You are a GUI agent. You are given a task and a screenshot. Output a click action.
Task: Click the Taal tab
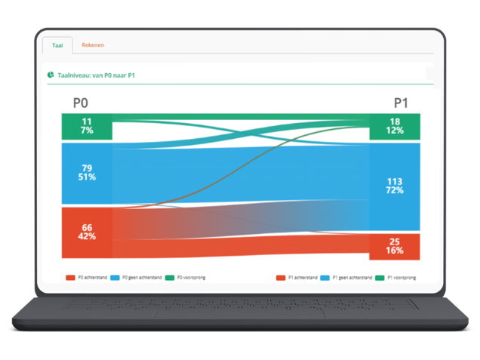(57, 45)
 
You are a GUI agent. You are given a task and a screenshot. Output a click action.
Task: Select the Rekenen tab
(93, 45)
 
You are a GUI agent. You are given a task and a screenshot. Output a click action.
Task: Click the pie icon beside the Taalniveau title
(50, 75)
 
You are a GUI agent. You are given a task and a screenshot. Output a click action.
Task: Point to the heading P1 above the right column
(401, 103)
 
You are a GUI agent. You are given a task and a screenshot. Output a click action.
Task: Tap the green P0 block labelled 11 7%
(87, 126)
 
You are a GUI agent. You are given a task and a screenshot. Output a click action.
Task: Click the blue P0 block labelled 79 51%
(87, 172)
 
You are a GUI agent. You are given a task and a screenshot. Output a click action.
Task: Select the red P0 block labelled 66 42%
(87, 232)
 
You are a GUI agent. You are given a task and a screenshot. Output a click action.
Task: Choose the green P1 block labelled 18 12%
(395, 126)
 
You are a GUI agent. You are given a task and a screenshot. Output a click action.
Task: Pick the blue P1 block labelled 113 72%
(395, 186)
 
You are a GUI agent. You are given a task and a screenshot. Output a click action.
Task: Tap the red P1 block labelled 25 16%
(395, 246)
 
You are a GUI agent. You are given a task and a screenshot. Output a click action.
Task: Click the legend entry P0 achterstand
(87, 278)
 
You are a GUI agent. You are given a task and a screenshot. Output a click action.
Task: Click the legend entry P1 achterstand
(297, 278)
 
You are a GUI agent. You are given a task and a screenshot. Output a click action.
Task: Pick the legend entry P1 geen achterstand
(348, 278)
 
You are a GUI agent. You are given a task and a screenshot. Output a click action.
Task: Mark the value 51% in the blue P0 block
(87, 177)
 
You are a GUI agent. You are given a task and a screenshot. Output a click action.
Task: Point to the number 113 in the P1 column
(395, 180)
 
